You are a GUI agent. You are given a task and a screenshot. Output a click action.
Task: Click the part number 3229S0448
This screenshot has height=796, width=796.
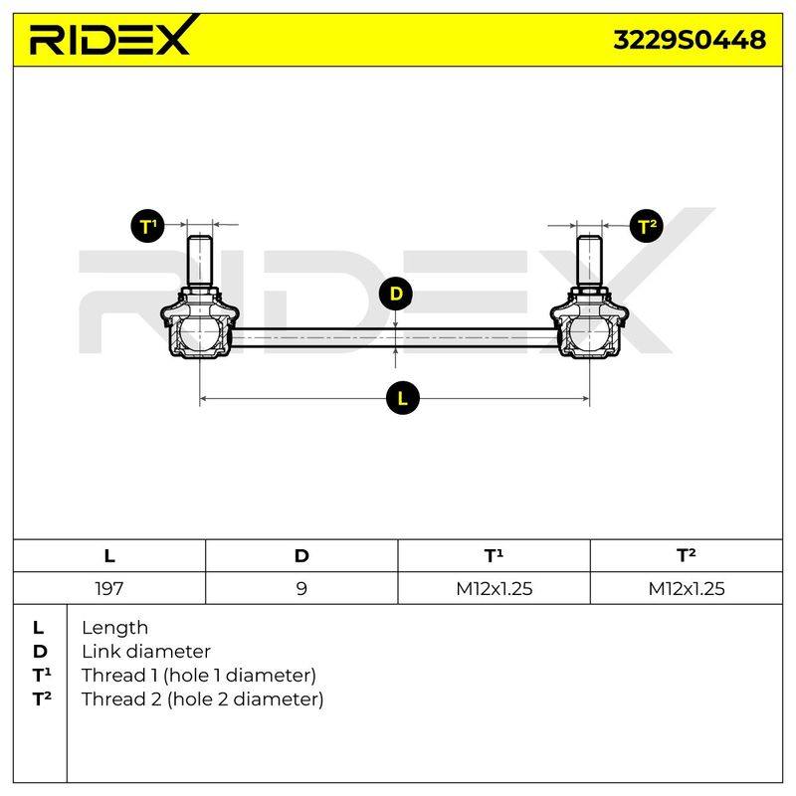(x=690, y=40)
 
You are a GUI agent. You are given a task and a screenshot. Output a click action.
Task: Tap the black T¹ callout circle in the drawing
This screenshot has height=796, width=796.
(x=147, y=226)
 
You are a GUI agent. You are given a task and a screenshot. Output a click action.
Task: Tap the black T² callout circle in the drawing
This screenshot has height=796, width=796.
(x=647, y=226)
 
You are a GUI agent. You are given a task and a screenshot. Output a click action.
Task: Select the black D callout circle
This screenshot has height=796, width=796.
(x=395, y=294)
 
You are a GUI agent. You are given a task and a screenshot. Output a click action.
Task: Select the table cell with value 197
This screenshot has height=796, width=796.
(x=109, y=588)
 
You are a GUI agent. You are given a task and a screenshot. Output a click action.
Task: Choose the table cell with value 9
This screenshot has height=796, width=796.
(x=301, y=588)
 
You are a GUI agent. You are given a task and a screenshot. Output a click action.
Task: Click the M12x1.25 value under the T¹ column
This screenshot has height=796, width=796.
(x=494, y=588)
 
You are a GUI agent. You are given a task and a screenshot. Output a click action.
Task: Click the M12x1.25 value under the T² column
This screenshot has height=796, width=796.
(x=687, y=588)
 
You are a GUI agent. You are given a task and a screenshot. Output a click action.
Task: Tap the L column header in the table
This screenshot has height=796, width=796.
(x=109, y=556)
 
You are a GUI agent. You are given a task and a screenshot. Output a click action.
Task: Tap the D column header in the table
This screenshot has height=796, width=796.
(x=301, y=556)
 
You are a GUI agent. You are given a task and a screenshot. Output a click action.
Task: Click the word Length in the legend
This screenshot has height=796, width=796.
(x=114, y=629)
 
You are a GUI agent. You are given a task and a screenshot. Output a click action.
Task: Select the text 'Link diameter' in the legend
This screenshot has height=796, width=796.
(x=146, y=652)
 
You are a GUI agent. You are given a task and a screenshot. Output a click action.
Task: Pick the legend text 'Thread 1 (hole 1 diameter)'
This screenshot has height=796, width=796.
(x=198, y=676)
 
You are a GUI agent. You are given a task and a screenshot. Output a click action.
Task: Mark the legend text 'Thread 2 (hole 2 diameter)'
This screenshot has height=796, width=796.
(x=202, y=699)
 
